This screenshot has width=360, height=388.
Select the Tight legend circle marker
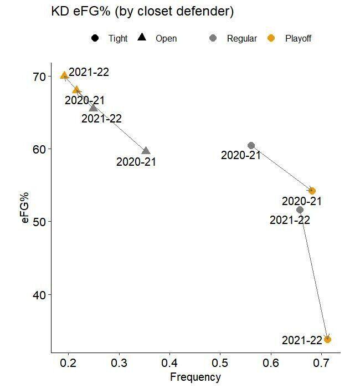click(95, 38)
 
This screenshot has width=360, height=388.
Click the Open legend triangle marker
click(142, 38)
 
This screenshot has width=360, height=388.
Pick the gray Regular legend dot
click(213, 38)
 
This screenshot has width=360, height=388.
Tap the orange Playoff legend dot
click(271, 38)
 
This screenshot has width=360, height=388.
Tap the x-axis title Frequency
click(195, 377)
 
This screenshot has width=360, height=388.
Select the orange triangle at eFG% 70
click(64, 75)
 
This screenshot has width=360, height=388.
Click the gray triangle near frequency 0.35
click(146, 151)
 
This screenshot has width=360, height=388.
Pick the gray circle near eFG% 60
click(251, 145)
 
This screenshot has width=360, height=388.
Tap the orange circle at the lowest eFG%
click(327, 339)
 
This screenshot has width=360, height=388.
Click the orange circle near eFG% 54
click(312, 191)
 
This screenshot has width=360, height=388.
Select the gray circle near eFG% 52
click(300, 210)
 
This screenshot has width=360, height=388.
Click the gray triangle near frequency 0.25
click(93, 108)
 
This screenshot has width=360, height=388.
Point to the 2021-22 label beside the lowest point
click(302, 340)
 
